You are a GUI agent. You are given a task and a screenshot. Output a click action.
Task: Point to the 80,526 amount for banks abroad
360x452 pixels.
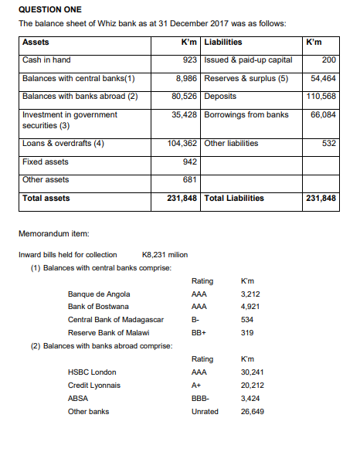(186, 97)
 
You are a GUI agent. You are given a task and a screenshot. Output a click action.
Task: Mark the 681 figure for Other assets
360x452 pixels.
(191, 180)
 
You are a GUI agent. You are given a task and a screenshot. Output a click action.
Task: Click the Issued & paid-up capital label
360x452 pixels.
(248, 59)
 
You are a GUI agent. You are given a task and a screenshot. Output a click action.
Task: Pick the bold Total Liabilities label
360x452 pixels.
(234, 199)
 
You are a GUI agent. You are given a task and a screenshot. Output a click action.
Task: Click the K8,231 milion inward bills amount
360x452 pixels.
(165, 254)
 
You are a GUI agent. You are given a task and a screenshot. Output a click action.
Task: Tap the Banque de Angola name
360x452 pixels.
(99, 294)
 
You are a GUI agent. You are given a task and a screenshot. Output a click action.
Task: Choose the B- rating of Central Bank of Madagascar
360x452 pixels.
(195, 320)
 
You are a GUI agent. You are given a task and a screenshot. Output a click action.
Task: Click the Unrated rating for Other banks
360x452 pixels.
(204, 412)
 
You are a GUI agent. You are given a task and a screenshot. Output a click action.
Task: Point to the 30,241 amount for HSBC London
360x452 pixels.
(253, 372)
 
